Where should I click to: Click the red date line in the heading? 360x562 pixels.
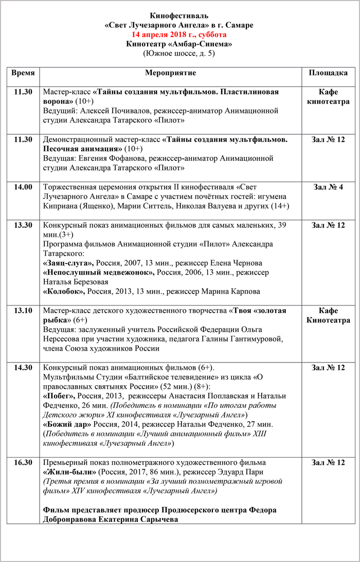pyautogui.click(x=179, y=34)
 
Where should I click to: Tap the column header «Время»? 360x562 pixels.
pyautogui.click(x=23, y=73)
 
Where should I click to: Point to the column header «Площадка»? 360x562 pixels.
pyautogui.click(x=328, y=73)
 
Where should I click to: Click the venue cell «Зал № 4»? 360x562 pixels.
pyautogui.click(x=328, y=187)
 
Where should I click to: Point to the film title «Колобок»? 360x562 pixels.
pyautogui.click(x=64, y=292)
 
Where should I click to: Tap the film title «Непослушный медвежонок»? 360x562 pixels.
pyautogui.click(x=99, y=273)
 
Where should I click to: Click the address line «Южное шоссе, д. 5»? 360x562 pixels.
pyautogui.click(x=179, y=53)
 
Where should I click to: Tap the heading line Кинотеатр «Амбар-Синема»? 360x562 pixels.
pyautogui.click(x=179, y=44)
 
